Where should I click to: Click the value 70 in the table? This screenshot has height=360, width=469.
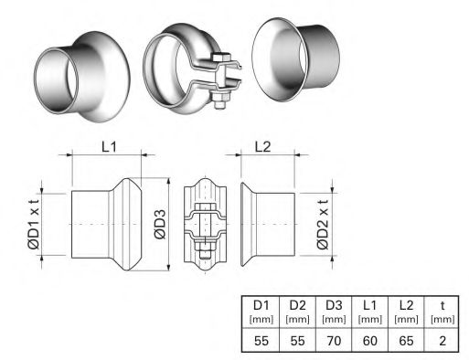[x=334, y=340]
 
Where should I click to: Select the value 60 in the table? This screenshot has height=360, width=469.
[x=369, y=340]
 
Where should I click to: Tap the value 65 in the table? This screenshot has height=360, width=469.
[x=405, y=340]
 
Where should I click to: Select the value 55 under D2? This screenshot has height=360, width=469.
[x=295, y=340]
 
